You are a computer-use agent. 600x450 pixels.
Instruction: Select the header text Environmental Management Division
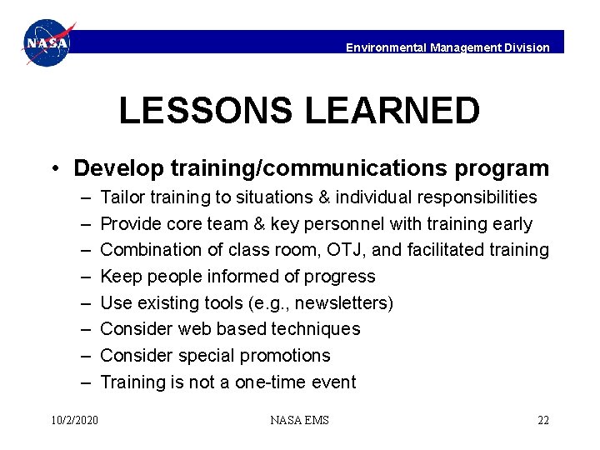pos(447,47)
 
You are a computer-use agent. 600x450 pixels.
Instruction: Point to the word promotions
pos(286,356)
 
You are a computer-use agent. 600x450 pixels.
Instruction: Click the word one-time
pos(265,382)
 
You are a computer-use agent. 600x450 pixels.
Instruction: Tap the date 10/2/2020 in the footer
pos(74,420)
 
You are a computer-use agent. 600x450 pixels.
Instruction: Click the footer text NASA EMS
pos(299,420)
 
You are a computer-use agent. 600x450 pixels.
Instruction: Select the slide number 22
pos(542,420)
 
